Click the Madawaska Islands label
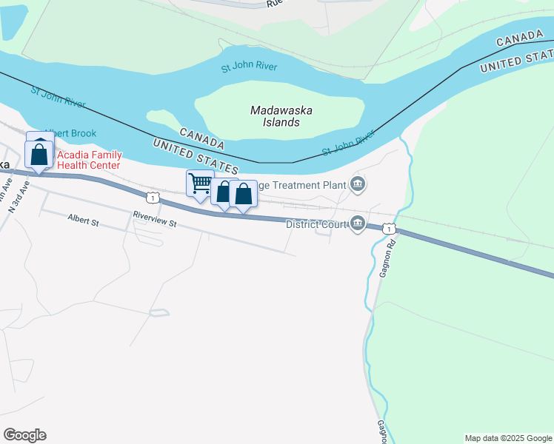(281, 116)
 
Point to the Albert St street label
(83, 220)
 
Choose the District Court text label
(317, 223)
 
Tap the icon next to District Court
(358, 223)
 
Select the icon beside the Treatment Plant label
(358, 184)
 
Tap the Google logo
(24, 435)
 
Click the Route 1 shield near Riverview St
(152, 198)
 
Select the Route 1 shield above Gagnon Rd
(389, 229)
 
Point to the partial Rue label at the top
(275, 4)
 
